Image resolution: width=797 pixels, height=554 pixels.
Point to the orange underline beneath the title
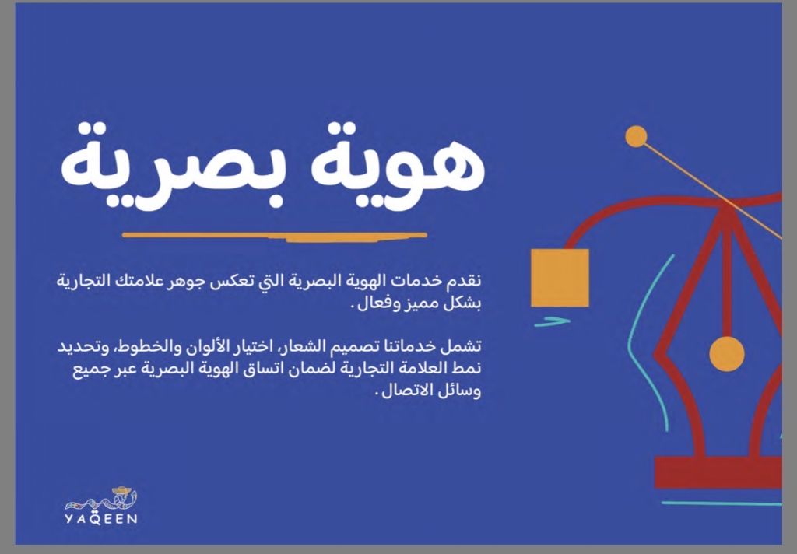click(275, 236)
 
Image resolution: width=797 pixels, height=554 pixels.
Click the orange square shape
click(560, 278)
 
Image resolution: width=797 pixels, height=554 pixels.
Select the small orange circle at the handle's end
click(636, 136)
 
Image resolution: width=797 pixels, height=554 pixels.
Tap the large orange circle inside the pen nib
click(727, 354)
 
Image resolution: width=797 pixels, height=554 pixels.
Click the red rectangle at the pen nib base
click(718, 472)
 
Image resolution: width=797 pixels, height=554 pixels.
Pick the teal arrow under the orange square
click(552, 321)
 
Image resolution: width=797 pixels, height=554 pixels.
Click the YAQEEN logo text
click(101, 519)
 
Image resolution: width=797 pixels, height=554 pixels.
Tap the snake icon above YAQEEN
click(102, 499)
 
